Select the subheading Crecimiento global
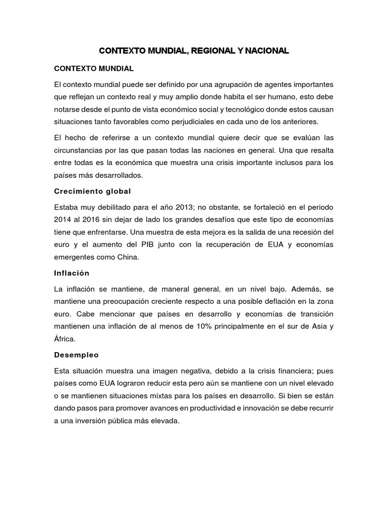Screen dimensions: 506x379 [x=92, y=191]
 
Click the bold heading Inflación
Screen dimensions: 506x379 [x=72, y=273]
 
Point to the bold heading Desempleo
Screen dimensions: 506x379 [x=76, y=355]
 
